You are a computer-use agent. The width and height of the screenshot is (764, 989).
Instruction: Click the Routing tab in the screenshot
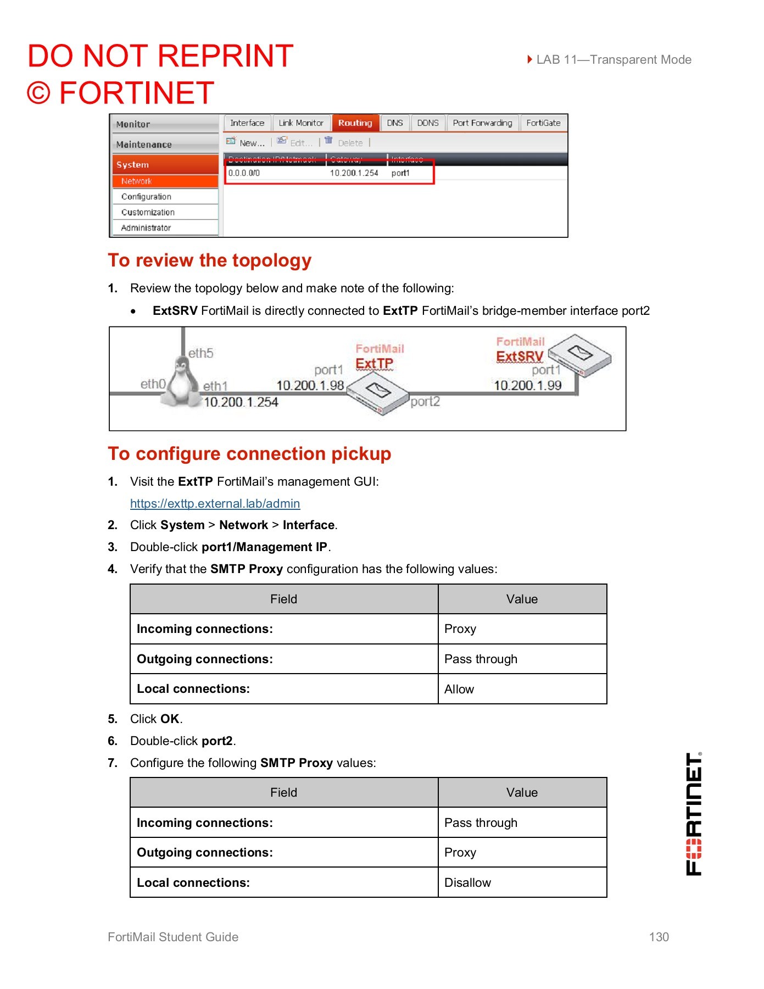(x=355, y=123)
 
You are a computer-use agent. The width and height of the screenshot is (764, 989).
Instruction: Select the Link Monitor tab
(x=301, y=123)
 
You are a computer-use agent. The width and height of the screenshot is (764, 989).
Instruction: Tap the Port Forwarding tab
(x=482, y=123)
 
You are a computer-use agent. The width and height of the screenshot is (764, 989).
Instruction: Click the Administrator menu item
(x=146, y=228)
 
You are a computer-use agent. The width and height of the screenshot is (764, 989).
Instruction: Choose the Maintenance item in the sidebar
(x=144, y=145)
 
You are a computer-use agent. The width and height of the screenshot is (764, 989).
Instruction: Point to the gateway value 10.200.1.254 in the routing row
(x=354, y=173)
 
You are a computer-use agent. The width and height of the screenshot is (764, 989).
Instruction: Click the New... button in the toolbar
(x=246, y=143)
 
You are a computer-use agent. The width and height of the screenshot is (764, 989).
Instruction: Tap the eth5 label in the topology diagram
(x=200, y=353)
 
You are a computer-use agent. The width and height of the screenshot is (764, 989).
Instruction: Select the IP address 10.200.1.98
(x=310, y=386)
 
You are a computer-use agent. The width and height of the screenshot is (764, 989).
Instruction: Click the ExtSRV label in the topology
(x=520, y=357)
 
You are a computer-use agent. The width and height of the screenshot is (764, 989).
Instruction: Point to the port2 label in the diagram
(x=425, y=402)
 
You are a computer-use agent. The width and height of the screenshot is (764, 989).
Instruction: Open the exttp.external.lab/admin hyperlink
(x=215, y=504)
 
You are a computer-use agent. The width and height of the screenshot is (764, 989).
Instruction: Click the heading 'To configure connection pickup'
(x=249, y=454)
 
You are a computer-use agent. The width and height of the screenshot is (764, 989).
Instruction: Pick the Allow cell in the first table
(x=459, y=689)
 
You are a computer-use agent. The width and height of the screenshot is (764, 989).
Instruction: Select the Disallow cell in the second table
(x=467, y=882)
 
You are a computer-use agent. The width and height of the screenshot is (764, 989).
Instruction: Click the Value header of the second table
(x=522, y=792)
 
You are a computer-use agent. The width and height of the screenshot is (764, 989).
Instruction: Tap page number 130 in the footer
(x=659, y=937)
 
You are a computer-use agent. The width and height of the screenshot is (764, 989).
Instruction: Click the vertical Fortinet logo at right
(x=694, y=814)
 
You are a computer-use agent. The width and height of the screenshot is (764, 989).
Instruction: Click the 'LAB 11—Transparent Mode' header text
(x=613, y=59)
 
